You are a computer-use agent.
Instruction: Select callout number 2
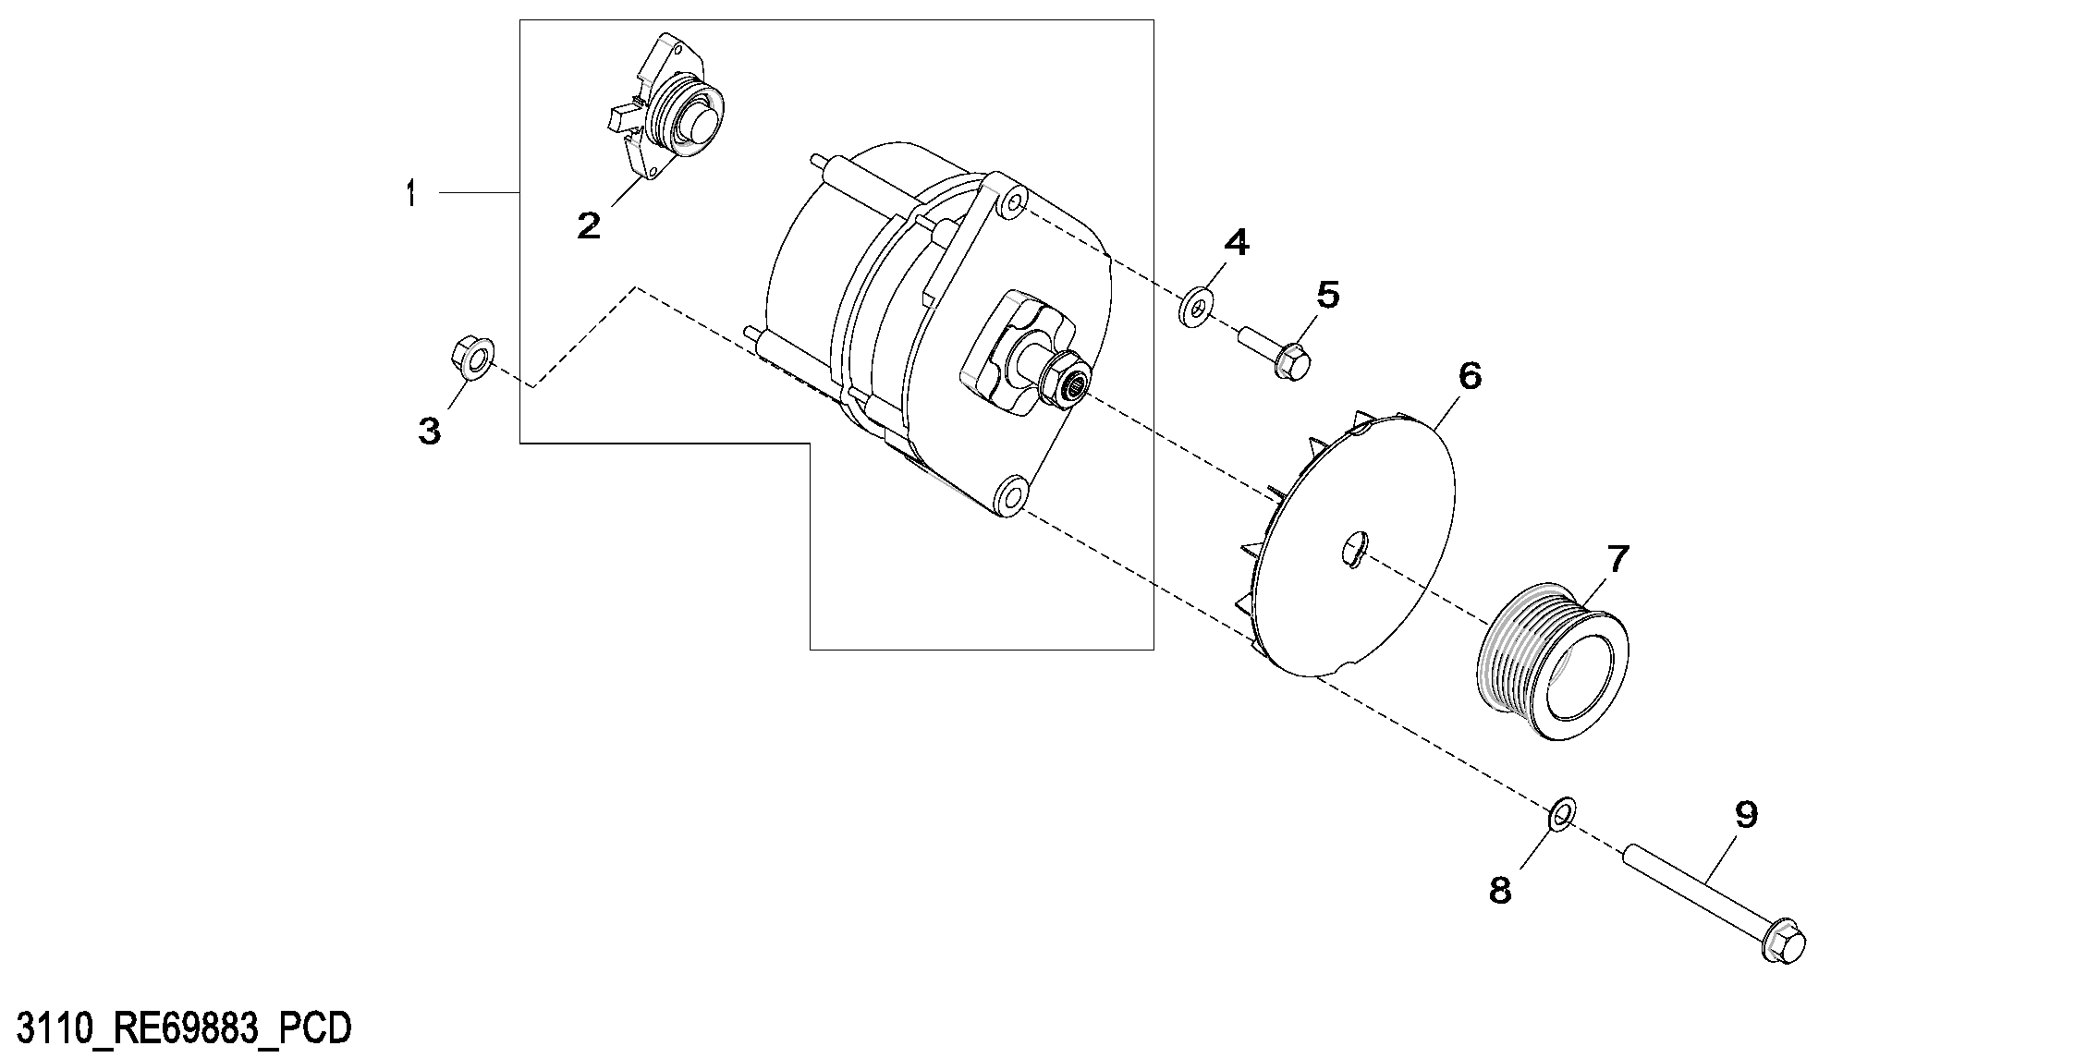coord(588,225)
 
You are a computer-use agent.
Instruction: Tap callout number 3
coord(430,431)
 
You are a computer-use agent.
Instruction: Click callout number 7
coord(1617,558)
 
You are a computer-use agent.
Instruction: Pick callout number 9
coord(1745,814)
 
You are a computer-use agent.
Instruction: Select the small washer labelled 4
coord(1197,308)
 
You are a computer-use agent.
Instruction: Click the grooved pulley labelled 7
coord(1553,662)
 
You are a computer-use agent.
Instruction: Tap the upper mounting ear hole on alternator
coord(1013,204)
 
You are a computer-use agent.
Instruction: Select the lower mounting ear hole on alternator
coord(1009,495)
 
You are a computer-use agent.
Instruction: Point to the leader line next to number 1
coord(479,192)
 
